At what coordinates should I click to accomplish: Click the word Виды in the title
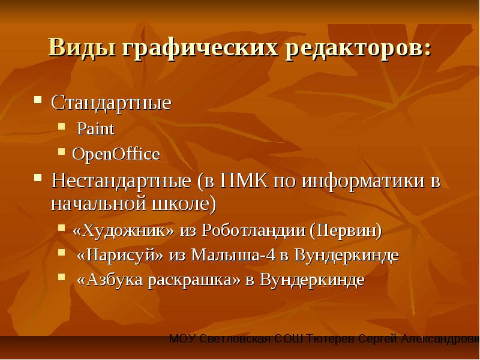(82, 48)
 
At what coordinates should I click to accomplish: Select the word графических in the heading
(200, 49)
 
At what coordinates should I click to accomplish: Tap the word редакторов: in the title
(358, 49)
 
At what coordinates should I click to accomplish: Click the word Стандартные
(111, 102)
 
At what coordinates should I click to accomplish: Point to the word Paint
(95, 128)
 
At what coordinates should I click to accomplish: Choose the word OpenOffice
(116, 154)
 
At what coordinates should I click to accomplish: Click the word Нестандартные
(121, 181)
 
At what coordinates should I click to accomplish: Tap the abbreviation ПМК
(244, 181)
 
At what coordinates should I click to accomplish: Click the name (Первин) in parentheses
(346, 230)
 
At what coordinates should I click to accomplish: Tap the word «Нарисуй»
(120, 254)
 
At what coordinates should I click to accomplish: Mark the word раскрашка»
(194, 280)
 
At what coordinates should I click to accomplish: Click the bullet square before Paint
(62, 126)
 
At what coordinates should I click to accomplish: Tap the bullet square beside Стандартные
(38, 100)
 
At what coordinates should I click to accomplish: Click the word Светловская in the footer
(235, 339)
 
